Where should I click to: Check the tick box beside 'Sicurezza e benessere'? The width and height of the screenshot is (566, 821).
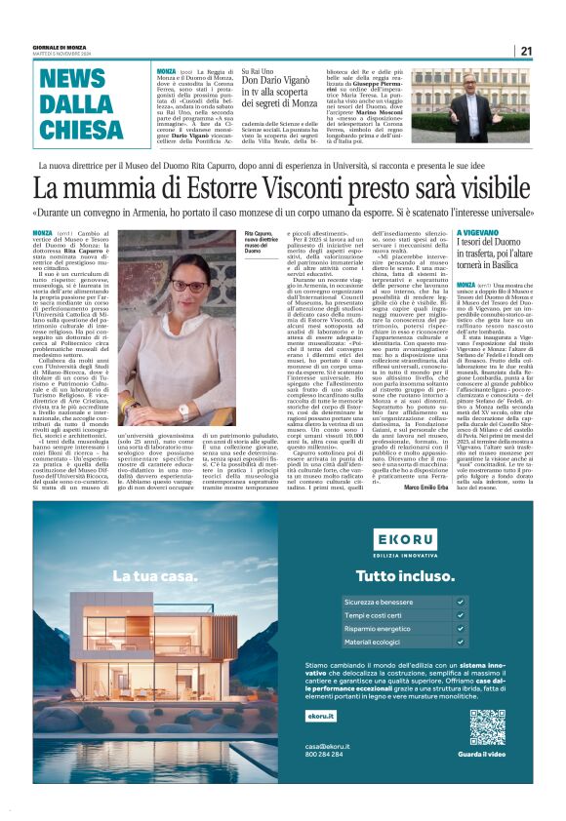[461, 602]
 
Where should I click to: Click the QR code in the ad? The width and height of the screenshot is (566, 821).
[486, 727]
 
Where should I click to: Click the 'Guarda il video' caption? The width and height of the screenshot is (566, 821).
[486, 755]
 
